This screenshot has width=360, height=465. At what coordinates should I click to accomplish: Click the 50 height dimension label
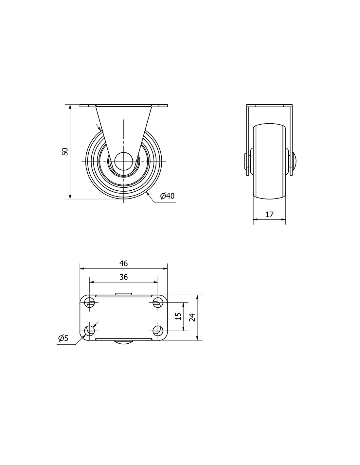tap(65, 151)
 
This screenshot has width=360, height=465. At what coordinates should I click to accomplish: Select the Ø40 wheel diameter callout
tap(167, 196)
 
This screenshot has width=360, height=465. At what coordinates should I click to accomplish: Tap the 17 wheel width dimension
tap(269, 214)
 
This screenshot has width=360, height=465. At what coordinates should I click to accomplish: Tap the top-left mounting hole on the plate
tap(90, 302)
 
